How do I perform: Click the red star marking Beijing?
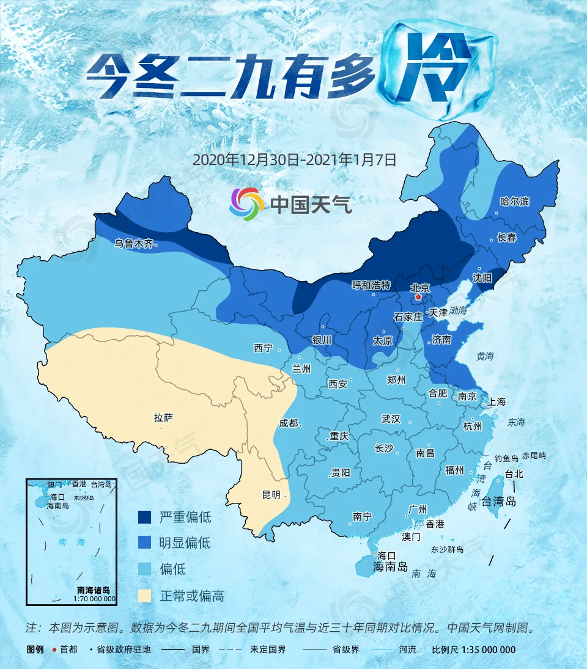point(418,298)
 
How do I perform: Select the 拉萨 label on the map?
point(163,418)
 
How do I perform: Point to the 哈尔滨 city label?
point(514,201)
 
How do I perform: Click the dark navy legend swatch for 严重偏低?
point(145,517)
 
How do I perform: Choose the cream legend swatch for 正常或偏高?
point(145,595)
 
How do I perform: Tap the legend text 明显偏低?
point(185,543)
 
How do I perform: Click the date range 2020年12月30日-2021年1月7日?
point(295,159)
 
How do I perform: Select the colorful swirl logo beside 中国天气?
point(246,204)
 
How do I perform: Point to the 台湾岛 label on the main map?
point(499,502)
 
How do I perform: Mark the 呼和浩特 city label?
point(371,285)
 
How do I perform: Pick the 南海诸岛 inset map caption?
point(93,590)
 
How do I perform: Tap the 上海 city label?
point(497,401)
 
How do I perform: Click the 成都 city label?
point(290,423)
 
